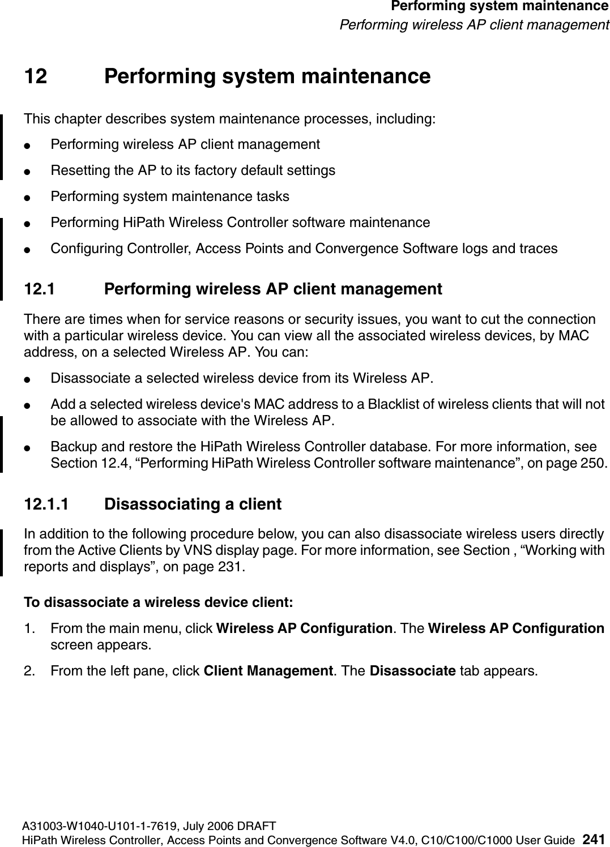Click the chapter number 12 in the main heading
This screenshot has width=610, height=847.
click(36, 76)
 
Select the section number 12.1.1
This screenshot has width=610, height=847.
click(48, 504)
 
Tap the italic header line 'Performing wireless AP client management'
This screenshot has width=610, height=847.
click(474, 25)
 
